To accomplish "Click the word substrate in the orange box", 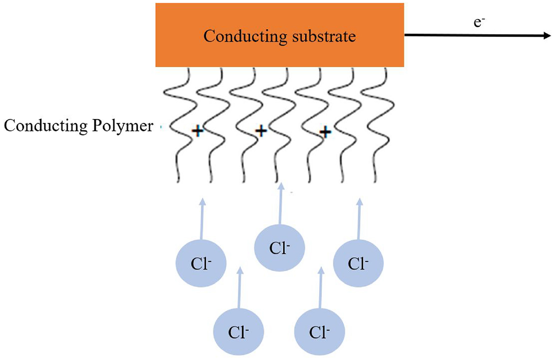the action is point(324,36).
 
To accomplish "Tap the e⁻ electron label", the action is point(479,22).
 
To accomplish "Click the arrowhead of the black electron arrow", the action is point(547,36).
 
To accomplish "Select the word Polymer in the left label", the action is point(123,127).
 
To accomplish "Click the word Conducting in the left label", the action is point(46,127).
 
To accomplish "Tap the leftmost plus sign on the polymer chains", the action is point(198,131).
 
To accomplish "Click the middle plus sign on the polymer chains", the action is point(261,131).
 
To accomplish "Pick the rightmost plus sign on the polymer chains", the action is point(325,132).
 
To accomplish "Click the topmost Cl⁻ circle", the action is point(279,248).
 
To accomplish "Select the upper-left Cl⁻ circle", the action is point(201,263).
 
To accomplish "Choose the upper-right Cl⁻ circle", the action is point(358,263).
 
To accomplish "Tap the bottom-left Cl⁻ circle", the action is point(238,332).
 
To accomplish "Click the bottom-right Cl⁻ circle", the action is point(319,332).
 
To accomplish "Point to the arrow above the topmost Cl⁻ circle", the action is point(280,204).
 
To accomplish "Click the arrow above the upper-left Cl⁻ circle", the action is point(202,219).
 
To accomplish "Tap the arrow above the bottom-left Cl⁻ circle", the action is point(239,288).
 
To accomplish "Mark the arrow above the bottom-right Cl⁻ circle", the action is point(320,288).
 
